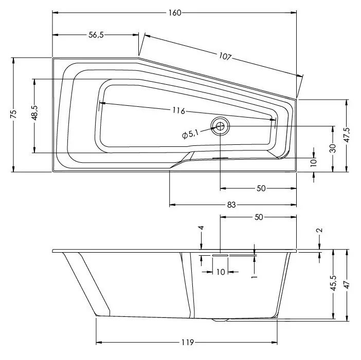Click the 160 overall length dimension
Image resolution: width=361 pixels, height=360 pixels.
[x=175, y=13]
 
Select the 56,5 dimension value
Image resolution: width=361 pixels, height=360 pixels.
[x=96, y=35]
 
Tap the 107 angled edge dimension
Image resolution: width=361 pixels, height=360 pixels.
[x=225, y=56]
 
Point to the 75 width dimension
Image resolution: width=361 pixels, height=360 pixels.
[x=14, y=114]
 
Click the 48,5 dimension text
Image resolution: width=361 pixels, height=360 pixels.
[x=34, y=113]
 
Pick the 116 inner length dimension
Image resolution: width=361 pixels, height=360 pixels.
[x=179, y=111]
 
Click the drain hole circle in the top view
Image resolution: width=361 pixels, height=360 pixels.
[x=220, y=126]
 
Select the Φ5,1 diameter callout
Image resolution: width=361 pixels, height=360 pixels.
[x=190, y=134]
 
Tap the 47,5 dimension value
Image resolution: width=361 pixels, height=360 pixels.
[x=347, y=135]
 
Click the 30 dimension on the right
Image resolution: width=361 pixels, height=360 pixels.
[x=333, y=148]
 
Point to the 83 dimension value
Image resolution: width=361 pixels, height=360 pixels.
[x=231, y=204]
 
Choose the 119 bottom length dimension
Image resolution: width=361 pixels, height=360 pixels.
[x=188, y=343]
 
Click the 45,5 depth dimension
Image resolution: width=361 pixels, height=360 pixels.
[x=333, y=283]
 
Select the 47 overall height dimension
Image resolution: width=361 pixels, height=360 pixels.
[x=347, y=285]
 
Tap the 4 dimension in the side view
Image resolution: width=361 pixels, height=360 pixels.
[x=201, y=228]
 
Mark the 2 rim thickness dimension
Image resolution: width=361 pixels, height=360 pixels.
[x=319, y=230]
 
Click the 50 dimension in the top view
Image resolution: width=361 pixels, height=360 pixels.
[x=261, y=188]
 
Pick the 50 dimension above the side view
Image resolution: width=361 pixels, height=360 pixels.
[x=259, y=217]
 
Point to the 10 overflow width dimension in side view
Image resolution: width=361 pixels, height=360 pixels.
[x=221, y=272]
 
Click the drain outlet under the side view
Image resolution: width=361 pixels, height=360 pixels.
[x=220, y=320]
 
